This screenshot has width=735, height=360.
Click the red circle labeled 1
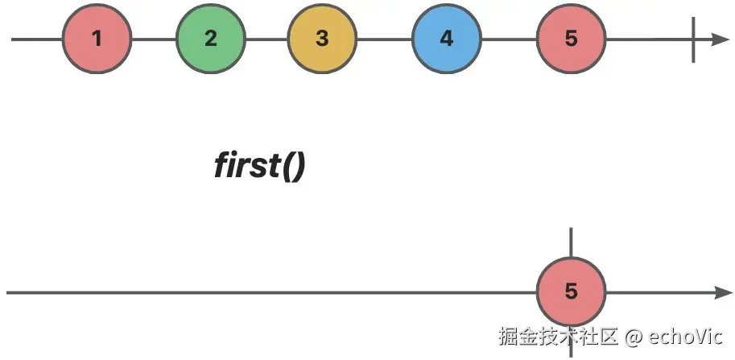point(97,39)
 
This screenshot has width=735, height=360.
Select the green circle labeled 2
point(210,39)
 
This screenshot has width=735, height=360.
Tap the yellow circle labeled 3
point(322,39)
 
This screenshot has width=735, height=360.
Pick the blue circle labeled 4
point(446,39)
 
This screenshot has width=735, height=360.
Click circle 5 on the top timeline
point(571,39)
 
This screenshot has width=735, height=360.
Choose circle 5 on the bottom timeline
point(571,292)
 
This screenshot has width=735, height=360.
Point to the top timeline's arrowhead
point(720,39)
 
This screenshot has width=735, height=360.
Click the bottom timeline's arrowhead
point(720,292)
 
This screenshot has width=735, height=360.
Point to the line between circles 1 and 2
point(153,39)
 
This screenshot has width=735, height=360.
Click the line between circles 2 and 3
point(266,39)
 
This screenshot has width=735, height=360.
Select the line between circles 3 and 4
point(384,39)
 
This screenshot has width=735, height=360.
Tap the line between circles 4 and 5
point(509,39)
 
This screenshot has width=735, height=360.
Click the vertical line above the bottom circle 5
point(571,242)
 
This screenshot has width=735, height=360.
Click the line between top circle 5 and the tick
point(649,39)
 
